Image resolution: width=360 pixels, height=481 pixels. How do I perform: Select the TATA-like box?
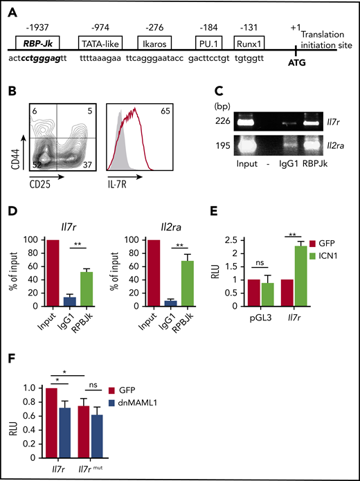pos(103,43)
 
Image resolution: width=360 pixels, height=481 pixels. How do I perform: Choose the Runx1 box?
pos(253,43)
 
